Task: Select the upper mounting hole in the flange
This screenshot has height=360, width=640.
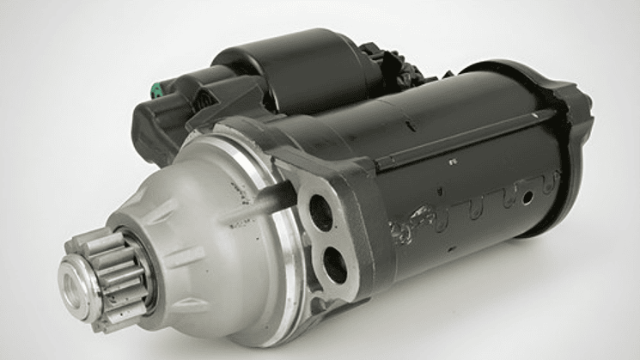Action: pos(321,211)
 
